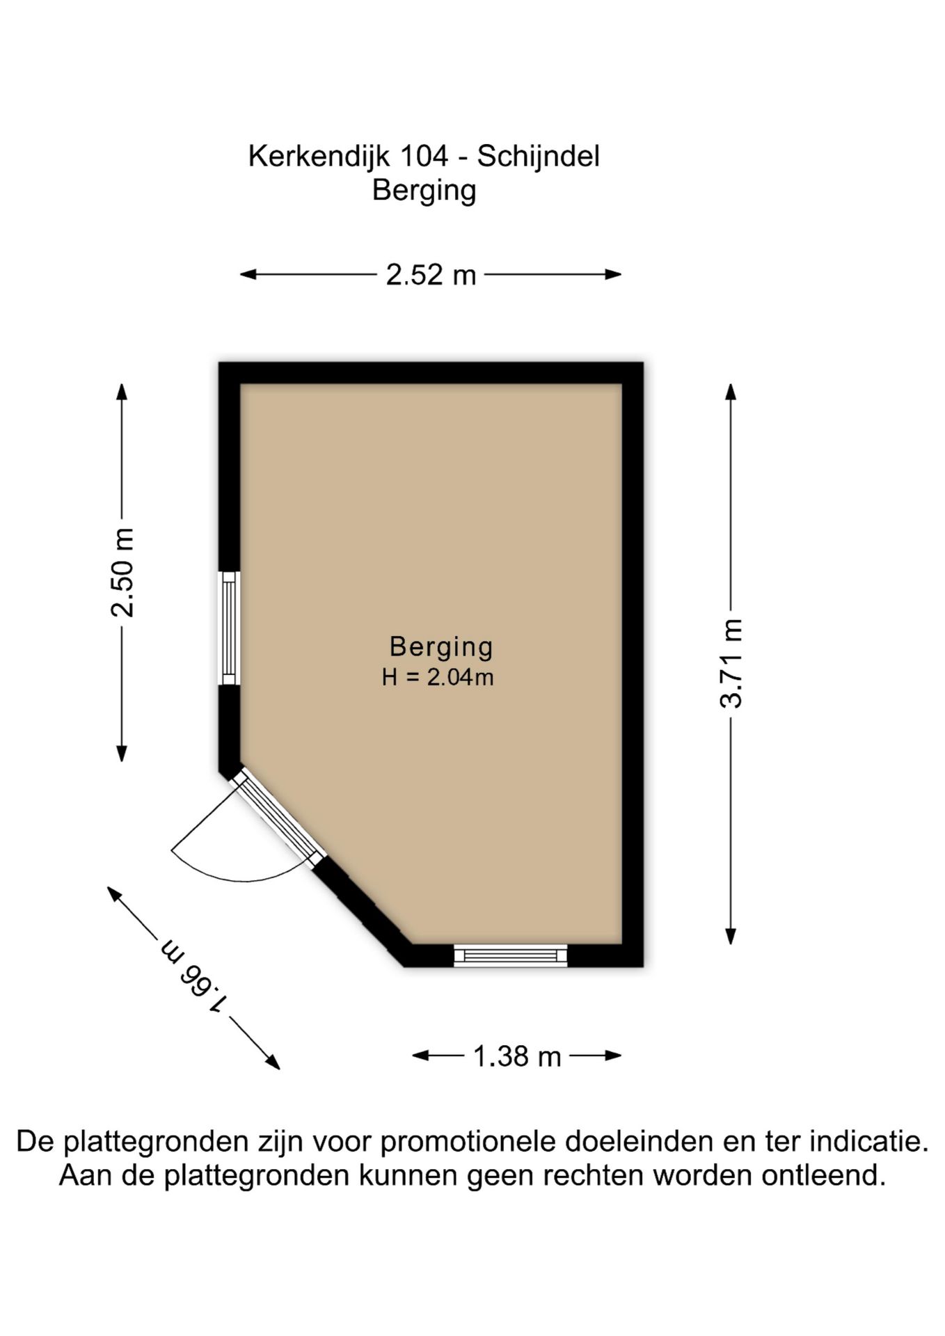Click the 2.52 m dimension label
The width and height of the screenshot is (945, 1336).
[x=431, y=275]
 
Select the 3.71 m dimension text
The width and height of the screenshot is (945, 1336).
[x=731, y=663]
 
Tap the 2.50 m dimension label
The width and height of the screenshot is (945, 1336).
[x=122, y=573]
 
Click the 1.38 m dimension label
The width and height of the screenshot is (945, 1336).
[x=517, y=1056]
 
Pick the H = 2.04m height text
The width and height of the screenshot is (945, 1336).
[x=438, y=677]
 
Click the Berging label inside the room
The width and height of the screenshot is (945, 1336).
[x=441, y=647]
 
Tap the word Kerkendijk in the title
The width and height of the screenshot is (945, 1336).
[x=319, y=157]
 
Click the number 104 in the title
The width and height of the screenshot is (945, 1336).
[x=424, y=156]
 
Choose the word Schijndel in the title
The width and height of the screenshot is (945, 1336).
[x=538, y=157]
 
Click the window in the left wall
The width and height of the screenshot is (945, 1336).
[x=230, y=628]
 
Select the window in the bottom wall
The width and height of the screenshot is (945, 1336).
[x=511, y=955]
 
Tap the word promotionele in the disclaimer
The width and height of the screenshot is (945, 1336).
[x=470, y=1142]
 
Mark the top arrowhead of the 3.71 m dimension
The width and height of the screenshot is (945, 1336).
[x=731, y=392]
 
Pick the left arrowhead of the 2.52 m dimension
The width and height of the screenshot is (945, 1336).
[x=248, y=275]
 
